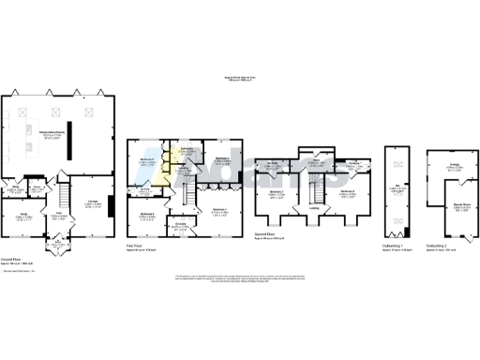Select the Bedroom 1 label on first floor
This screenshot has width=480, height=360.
[x=217, y=209]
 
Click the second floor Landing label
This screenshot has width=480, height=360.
[x=315, y=208]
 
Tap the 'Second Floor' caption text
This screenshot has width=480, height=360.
[x=264, y=235]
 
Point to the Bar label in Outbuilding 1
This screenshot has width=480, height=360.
[x=397, y=187]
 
